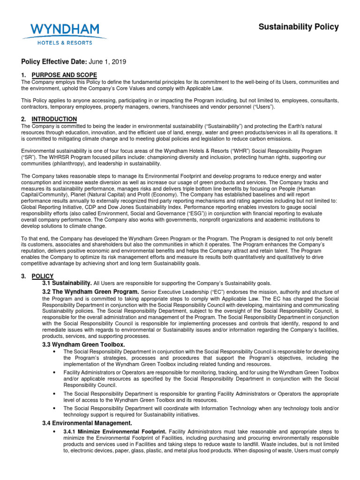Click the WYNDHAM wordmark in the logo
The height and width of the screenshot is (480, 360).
(65, 30)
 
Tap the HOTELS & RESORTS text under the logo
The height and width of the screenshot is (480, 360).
(65, 43)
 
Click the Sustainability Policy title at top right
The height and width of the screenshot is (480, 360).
(299, 27)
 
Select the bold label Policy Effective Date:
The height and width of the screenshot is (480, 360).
(53, 62)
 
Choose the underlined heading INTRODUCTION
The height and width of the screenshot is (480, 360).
(54, 119)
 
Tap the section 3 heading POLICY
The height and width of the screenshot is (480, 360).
(43, 276)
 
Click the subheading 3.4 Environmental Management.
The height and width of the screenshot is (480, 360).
(87, 423)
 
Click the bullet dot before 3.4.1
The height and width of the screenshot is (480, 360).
(56, 431)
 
